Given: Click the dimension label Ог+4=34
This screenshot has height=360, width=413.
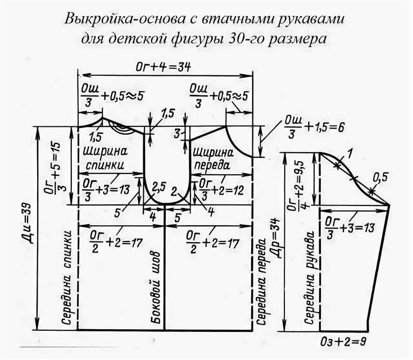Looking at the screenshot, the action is tap(163, 67).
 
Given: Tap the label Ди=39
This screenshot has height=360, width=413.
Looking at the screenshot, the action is tap(29, 224).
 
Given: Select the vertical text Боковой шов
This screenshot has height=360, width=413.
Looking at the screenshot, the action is tap(156, 288).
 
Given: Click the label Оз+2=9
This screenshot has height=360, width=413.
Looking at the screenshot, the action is tap(343, 342).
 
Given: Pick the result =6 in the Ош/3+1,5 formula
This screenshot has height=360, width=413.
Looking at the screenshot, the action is tap(337, 127).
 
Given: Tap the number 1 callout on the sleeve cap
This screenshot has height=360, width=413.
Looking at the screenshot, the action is tap(349, 154).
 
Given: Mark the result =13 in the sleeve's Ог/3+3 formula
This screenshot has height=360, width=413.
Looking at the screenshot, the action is tap(364, 228).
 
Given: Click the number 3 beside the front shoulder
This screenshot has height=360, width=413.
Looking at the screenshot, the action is tap(177, 134).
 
